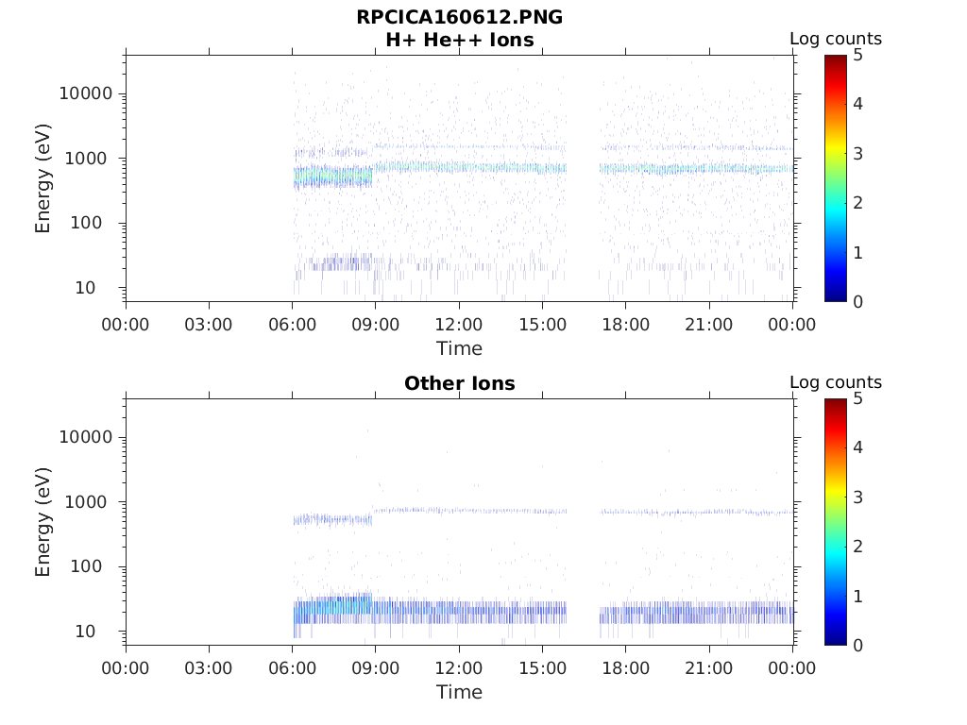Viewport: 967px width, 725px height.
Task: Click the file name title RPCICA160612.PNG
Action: pos(459,17)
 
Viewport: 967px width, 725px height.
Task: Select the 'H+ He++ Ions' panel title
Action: pos(459,40)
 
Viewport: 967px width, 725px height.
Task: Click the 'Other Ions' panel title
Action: pos(459,383)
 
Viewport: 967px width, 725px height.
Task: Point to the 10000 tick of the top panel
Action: pos(87,93)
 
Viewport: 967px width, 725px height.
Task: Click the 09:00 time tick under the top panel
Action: pos(376,325)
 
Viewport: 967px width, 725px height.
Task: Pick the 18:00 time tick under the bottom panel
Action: pos(626,668)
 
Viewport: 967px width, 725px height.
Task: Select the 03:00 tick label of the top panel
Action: pos(209,325)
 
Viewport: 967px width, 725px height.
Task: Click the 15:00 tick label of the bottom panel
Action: pos(542,668)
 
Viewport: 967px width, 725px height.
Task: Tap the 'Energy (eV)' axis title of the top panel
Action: pos(43,177)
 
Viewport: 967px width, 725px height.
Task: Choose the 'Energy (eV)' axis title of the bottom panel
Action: pos(43,521)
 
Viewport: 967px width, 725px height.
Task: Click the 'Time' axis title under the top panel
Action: pos(459,348)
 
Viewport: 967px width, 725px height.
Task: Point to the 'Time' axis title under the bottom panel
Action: pos(459,692)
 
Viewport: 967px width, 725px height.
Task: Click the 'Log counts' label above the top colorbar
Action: pos(836,39)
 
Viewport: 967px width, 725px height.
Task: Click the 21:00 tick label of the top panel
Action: pos(709,325)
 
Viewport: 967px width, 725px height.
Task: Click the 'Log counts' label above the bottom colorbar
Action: pos(836,382)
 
